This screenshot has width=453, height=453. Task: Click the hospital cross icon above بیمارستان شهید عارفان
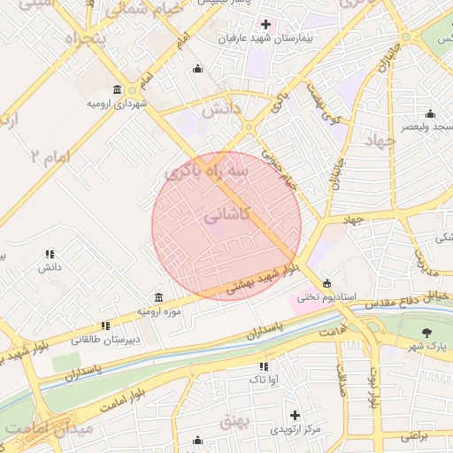pyautogui.click(x=265, y=23)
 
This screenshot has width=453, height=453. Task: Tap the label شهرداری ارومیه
pyautogui.click(x=115, y=104)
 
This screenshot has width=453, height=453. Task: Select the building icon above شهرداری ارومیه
pyautogui.click(x=118, y=89)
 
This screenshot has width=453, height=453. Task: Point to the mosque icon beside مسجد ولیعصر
pyautogui.click(x=430, y=113)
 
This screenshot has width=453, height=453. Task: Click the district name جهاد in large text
pyautogui.click(x=380, y=142)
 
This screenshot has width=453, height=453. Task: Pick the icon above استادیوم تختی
pyautogui.click(x=327, y=283)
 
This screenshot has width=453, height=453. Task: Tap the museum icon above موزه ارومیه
pyautogui.click(x=157, y=296)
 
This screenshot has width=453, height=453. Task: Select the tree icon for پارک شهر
pyautogui.click(x=428, y=332)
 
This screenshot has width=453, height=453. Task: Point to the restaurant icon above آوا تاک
pyautogui.click(x=263, y=365)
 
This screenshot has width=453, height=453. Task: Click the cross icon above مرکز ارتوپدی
pyautogui.click(x=295, y=414)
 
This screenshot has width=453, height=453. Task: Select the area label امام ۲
pyautogui.click(x=50, y=157)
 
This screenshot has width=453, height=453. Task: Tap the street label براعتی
pyautogui.click(x=419, y=435)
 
